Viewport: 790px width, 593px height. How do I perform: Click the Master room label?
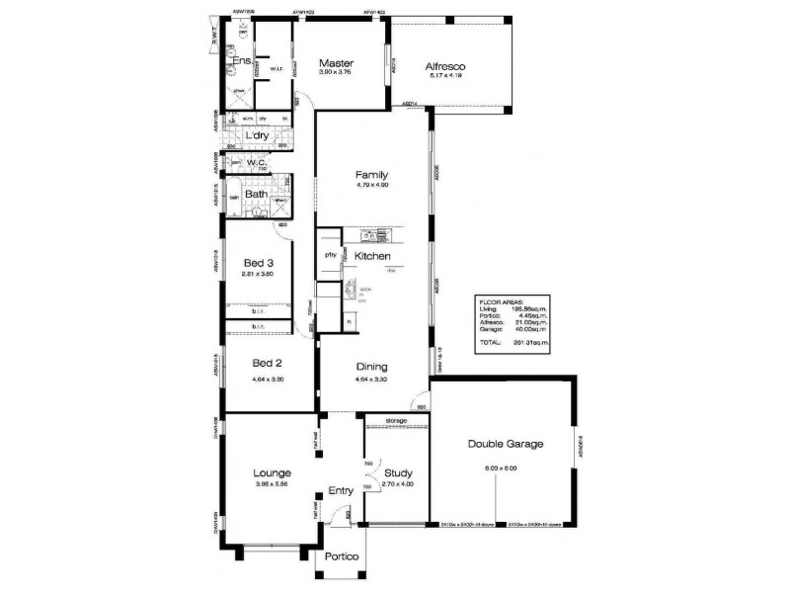pyautogui.click(x=337, y=62)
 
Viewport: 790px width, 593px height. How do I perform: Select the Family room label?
pyautogui.click(x=371, y=175)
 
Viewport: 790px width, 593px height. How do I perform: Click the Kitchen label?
pyautogui.click(x=373, y=256)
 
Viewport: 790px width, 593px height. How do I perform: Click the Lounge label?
pyautogui.click(x=272, y=473)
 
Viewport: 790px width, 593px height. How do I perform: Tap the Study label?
pyautogui.click(x=398, y=473)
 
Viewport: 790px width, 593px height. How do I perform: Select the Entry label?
pyautogui.click(x=341, y=490)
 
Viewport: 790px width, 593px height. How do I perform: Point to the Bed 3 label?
pyautogui.click(x=258, y=263)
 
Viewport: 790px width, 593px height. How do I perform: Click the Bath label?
pyautogui.click(x=256, y=195)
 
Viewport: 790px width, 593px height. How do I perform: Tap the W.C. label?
pyautogui.click(x=258, y=163)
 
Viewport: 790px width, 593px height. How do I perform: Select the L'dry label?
pyautogui.click(x=258, y=135)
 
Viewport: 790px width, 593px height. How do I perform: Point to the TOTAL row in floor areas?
pyautogui.click(x=491, y=342)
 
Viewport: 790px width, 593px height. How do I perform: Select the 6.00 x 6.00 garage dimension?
pyautogui.click(x=501, y=467)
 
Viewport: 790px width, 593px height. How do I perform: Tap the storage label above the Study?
pyautogui.click(x=396, y=421)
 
